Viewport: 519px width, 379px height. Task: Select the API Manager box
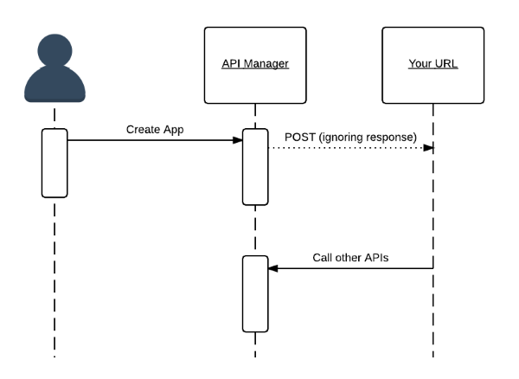254,66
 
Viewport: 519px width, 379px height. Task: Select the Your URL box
433,66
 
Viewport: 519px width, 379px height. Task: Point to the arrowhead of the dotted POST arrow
428,148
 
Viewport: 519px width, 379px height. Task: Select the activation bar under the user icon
54,163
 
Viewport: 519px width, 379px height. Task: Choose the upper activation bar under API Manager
255,167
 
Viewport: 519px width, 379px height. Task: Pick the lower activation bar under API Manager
255,294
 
